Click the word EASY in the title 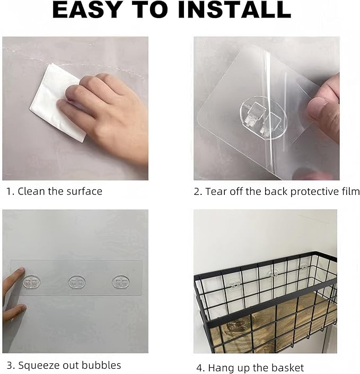click(x=86, y=10)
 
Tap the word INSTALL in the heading click(x=234, y=10)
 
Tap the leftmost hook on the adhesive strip click(x=31, y=283)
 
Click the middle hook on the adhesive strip click(x=77, y=282)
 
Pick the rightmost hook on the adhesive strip click(x=120, y=282)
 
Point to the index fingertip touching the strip click(x=21, y=271)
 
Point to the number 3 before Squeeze click(x=10, y=366)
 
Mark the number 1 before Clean click(x=8, y=192)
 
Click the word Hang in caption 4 click(x=219, y=368)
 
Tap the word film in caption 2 click(x=351, y=192)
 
